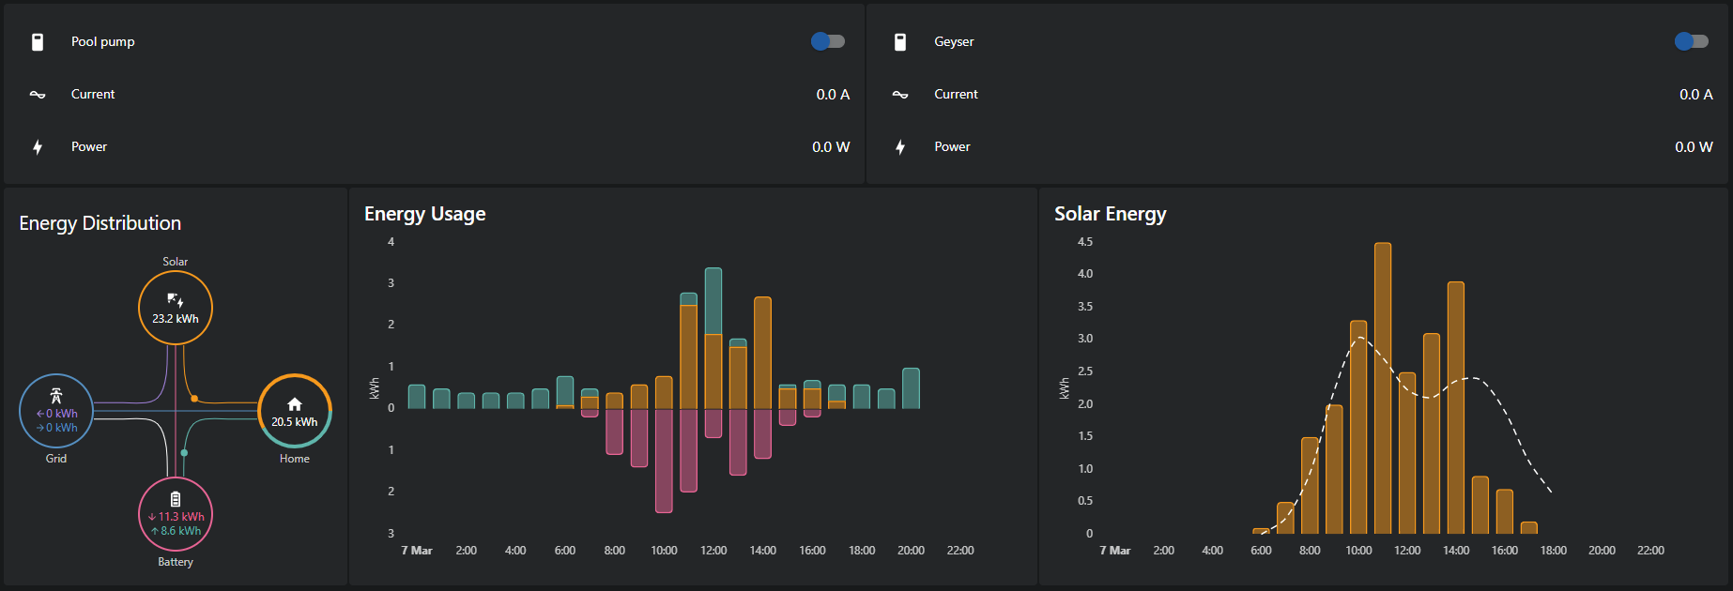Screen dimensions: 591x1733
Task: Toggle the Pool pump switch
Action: [x=827, y=41]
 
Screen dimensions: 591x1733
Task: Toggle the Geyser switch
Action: [x=1691, y=41]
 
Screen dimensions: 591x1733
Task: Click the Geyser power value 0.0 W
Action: [x=1694, y=146]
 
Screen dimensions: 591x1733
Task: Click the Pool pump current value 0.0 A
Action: [x=833, y=94]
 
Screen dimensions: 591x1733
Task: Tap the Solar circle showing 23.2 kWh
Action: [x=176, y=308]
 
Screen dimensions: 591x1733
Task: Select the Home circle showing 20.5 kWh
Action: [x=295, y=411]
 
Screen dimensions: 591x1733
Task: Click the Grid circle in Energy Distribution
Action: [x=56, y=411]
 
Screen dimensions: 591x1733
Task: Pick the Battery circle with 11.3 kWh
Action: [x=176, y=514]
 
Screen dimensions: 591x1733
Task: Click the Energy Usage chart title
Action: [x=424, y=214]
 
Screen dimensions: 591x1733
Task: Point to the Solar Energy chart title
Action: [x=1110, y=214]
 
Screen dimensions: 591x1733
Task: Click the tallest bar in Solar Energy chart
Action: [x=1382, y=388]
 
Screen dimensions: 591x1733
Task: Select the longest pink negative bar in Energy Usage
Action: [x=664, y=460]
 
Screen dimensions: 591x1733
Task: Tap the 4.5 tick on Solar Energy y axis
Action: [x=1085, y=242]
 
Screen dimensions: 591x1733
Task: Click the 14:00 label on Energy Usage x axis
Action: [x=762, y=551]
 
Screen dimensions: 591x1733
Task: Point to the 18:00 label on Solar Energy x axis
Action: [x=1553, y=551]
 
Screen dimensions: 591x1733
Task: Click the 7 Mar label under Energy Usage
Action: [x=417, y=551]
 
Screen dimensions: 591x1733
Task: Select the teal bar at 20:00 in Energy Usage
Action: [x=911, y=388]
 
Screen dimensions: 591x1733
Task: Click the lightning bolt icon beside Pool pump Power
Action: [x=38, y=146]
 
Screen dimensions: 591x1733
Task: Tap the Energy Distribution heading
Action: [x=100, y=223]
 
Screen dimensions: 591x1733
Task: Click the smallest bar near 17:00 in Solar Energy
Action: [x=1528, y=528]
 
